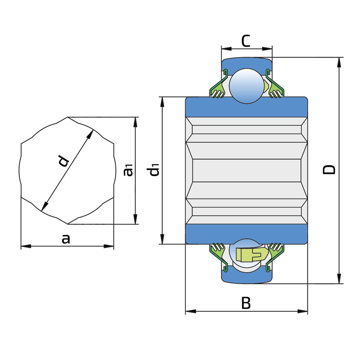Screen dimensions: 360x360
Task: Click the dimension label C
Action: point(246,41)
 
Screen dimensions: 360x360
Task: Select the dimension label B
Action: point(246,303)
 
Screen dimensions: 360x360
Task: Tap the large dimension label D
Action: point(329,170)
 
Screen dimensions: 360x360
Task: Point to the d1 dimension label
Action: point(153,170)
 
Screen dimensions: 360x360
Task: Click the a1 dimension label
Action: point(128,170)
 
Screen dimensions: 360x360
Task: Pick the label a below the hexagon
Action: point(66,239)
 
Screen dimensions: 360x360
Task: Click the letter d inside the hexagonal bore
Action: point(63,161)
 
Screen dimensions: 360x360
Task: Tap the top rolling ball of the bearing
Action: point(247,86)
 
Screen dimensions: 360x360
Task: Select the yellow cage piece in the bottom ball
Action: point(252,255)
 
